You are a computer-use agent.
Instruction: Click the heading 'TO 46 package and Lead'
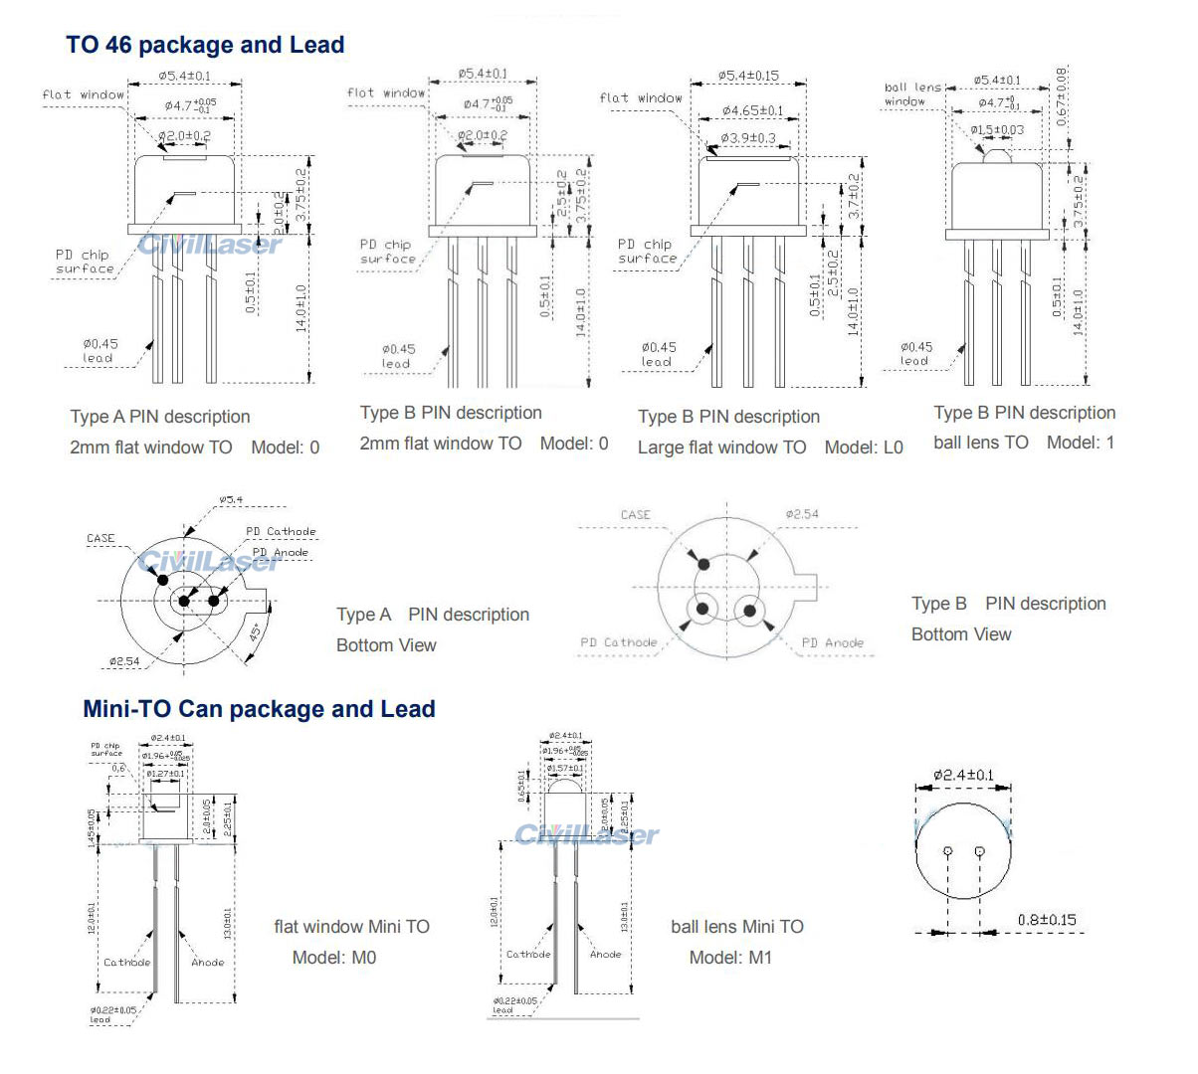tap(205, 45)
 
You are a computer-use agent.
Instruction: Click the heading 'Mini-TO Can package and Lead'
tap(259, 709)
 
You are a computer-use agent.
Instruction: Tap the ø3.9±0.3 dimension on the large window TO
tap(748, 138)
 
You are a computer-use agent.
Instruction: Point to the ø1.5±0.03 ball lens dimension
tap(997, 130)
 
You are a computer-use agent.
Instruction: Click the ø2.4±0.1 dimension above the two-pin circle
tap(963, 775)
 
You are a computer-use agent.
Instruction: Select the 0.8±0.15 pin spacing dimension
tap(1046, 920)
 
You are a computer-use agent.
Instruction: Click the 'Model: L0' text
tap(863, 447)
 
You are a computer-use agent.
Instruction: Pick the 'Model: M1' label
tap(730, 958)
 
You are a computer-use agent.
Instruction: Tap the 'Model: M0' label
tap(334, 958)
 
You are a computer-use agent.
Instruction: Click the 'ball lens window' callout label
tap(911, 93)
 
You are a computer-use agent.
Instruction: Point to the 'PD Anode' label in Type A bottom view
tap(280, 552)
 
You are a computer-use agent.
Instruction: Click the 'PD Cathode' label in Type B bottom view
tap(618, 642)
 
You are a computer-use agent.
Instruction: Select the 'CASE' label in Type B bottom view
tap(635, 514)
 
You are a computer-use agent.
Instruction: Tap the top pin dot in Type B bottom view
tap(704, 564)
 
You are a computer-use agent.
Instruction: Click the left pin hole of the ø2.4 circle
tap(948, 850)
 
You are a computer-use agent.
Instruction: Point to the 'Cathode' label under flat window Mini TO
tap(126, 962)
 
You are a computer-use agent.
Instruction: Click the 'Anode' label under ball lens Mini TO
tap(605, 954)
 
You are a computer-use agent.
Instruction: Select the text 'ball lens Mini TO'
tap(736, 927)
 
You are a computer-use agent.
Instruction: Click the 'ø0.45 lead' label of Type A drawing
tap(100, 350)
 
